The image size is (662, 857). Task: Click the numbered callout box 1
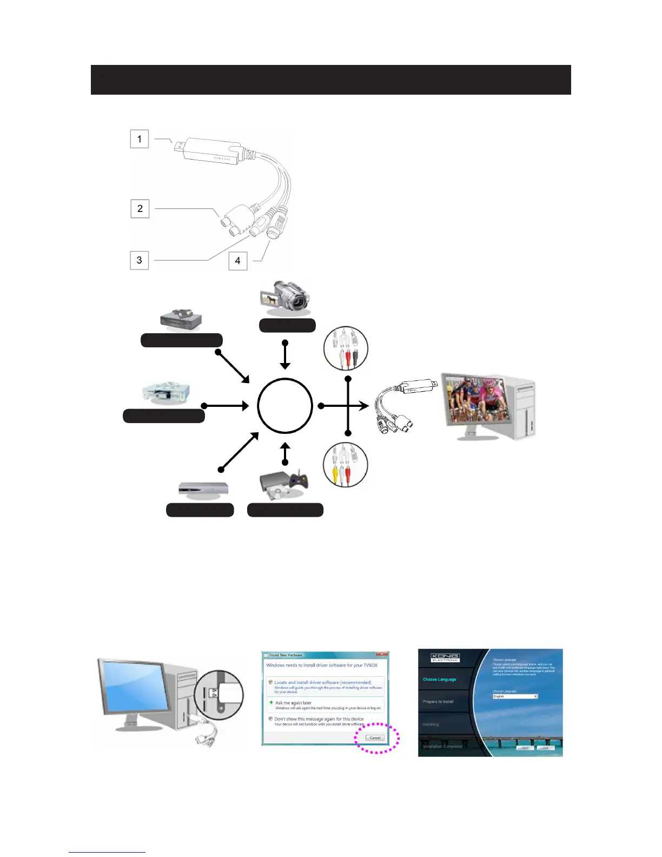pyautogui.click(x=140, y=139)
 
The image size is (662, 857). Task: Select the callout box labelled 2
pyautogui.click(x=140, y=208)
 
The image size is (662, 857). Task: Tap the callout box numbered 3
pyautogui.click(x=140, y=260)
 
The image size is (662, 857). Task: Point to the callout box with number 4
pyautogui.click(x=238, y=261)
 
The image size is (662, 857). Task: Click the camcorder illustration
pyautogui.click(x=285, y=298)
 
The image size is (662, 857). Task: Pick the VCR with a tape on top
pyautogui.click(x=181, y=319)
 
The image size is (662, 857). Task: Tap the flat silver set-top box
pyautogui.click(x=203, y=489)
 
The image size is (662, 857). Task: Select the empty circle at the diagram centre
pyautogui.click(x=285, y=406)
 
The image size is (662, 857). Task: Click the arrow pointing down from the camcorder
pyautogui.click(x=285, y=355)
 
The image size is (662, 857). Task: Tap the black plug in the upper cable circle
pyautogui.click(x=355, y=358)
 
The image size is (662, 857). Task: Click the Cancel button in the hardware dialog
pyautogui.click(x=375, y=738)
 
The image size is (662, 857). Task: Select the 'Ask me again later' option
pyautogui.click(x=293, y=703)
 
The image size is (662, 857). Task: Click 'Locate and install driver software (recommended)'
pyautogui.click(x=322, y=682)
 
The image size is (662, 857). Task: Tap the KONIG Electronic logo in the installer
pyautogui.click(x=445, y=658)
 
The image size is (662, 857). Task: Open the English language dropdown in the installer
pyautogui.click(x=515, y=696)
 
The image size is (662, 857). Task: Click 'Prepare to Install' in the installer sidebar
pyautogui.click(x=438, y=702)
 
